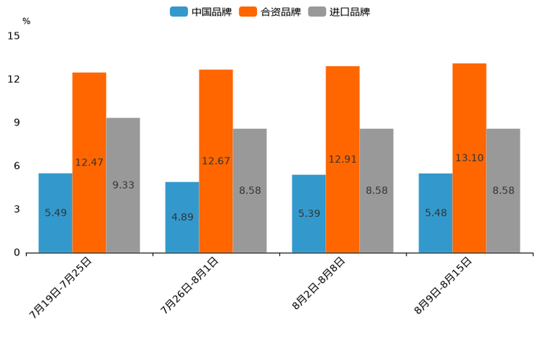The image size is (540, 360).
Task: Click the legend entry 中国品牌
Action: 201,12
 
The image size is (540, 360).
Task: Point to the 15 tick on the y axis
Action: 14,36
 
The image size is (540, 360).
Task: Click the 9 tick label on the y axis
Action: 17,123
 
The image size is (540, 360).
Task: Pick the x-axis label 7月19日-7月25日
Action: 61,287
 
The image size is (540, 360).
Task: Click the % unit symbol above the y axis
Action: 26,21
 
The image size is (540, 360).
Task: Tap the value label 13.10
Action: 470,158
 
